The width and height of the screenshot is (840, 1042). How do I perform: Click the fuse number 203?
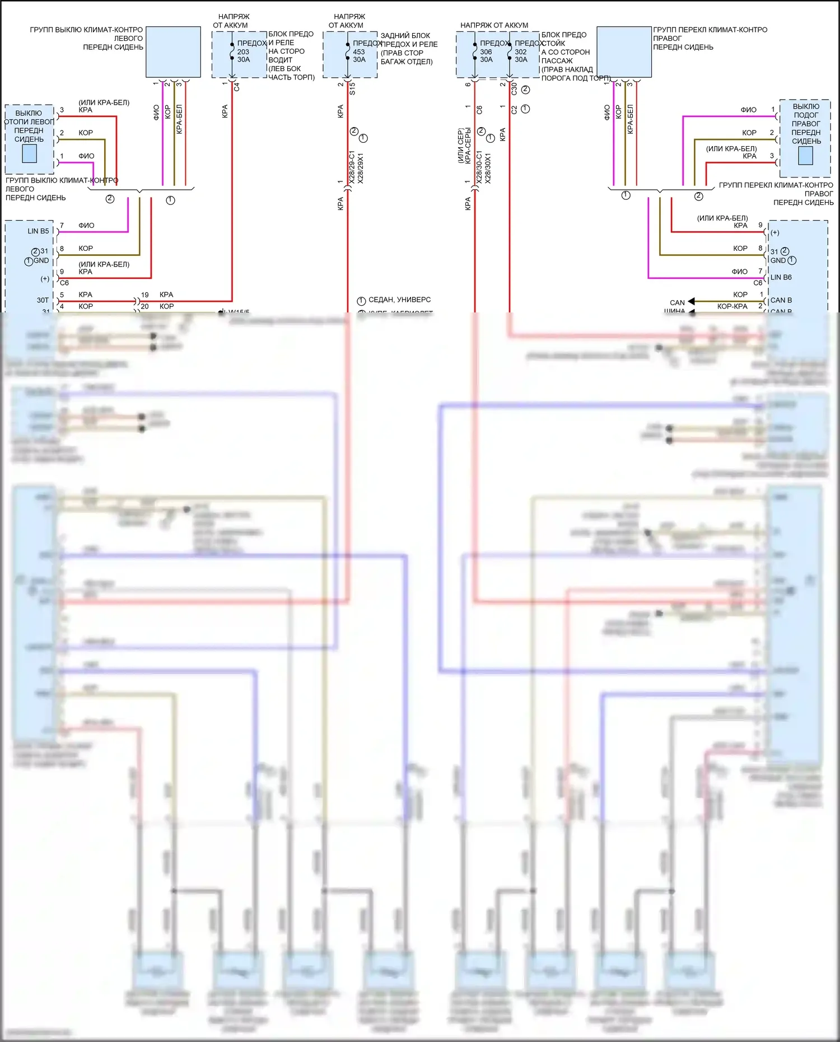(243, 52)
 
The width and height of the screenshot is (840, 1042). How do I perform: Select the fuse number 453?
(358, 52)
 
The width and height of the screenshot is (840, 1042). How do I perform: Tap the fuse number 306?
(486, 52)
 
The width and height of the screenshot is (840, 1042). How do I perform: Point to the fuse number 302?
(520, 52)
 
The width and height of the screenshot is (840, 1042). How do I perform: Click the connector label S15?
(352, 88)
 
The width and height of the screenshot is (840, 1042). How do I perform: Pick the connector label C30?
(514, 88)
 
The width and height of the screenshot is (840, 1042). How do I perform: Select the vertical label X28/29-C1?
(352, 167)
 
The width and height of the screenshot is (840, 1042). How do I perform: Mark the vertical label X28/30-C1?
(479, 167)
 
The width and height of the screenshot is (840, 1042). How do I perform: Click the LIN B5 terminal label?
(38, 231)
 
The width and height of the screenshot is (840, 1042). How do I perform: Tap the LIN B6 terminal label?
(781, 277)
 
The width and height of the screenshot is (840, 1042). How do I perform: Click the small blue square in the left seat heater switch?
(29, 153)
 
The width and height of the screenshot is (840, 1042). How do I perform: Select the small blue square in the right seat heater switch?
(805, 156)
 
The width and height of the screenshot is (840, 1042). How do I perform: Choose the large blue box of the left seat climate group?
(173, 52)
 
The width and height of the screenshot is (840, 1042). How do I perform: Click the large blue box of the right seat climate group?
(624, 52)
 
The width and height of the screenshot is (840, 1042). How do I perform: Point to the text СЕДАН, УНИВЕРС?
(399, 300)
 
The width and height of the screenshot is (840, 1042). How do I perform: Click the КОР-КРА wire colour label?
(732, 306)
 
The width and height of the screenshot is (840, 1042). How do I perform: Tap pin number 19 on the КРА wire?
(144, 295)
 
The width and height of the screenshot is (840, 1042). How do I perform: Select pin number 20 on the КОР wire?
(144, 306)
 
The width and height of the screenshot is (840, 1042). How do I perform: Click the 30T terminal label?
(43, 300)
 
